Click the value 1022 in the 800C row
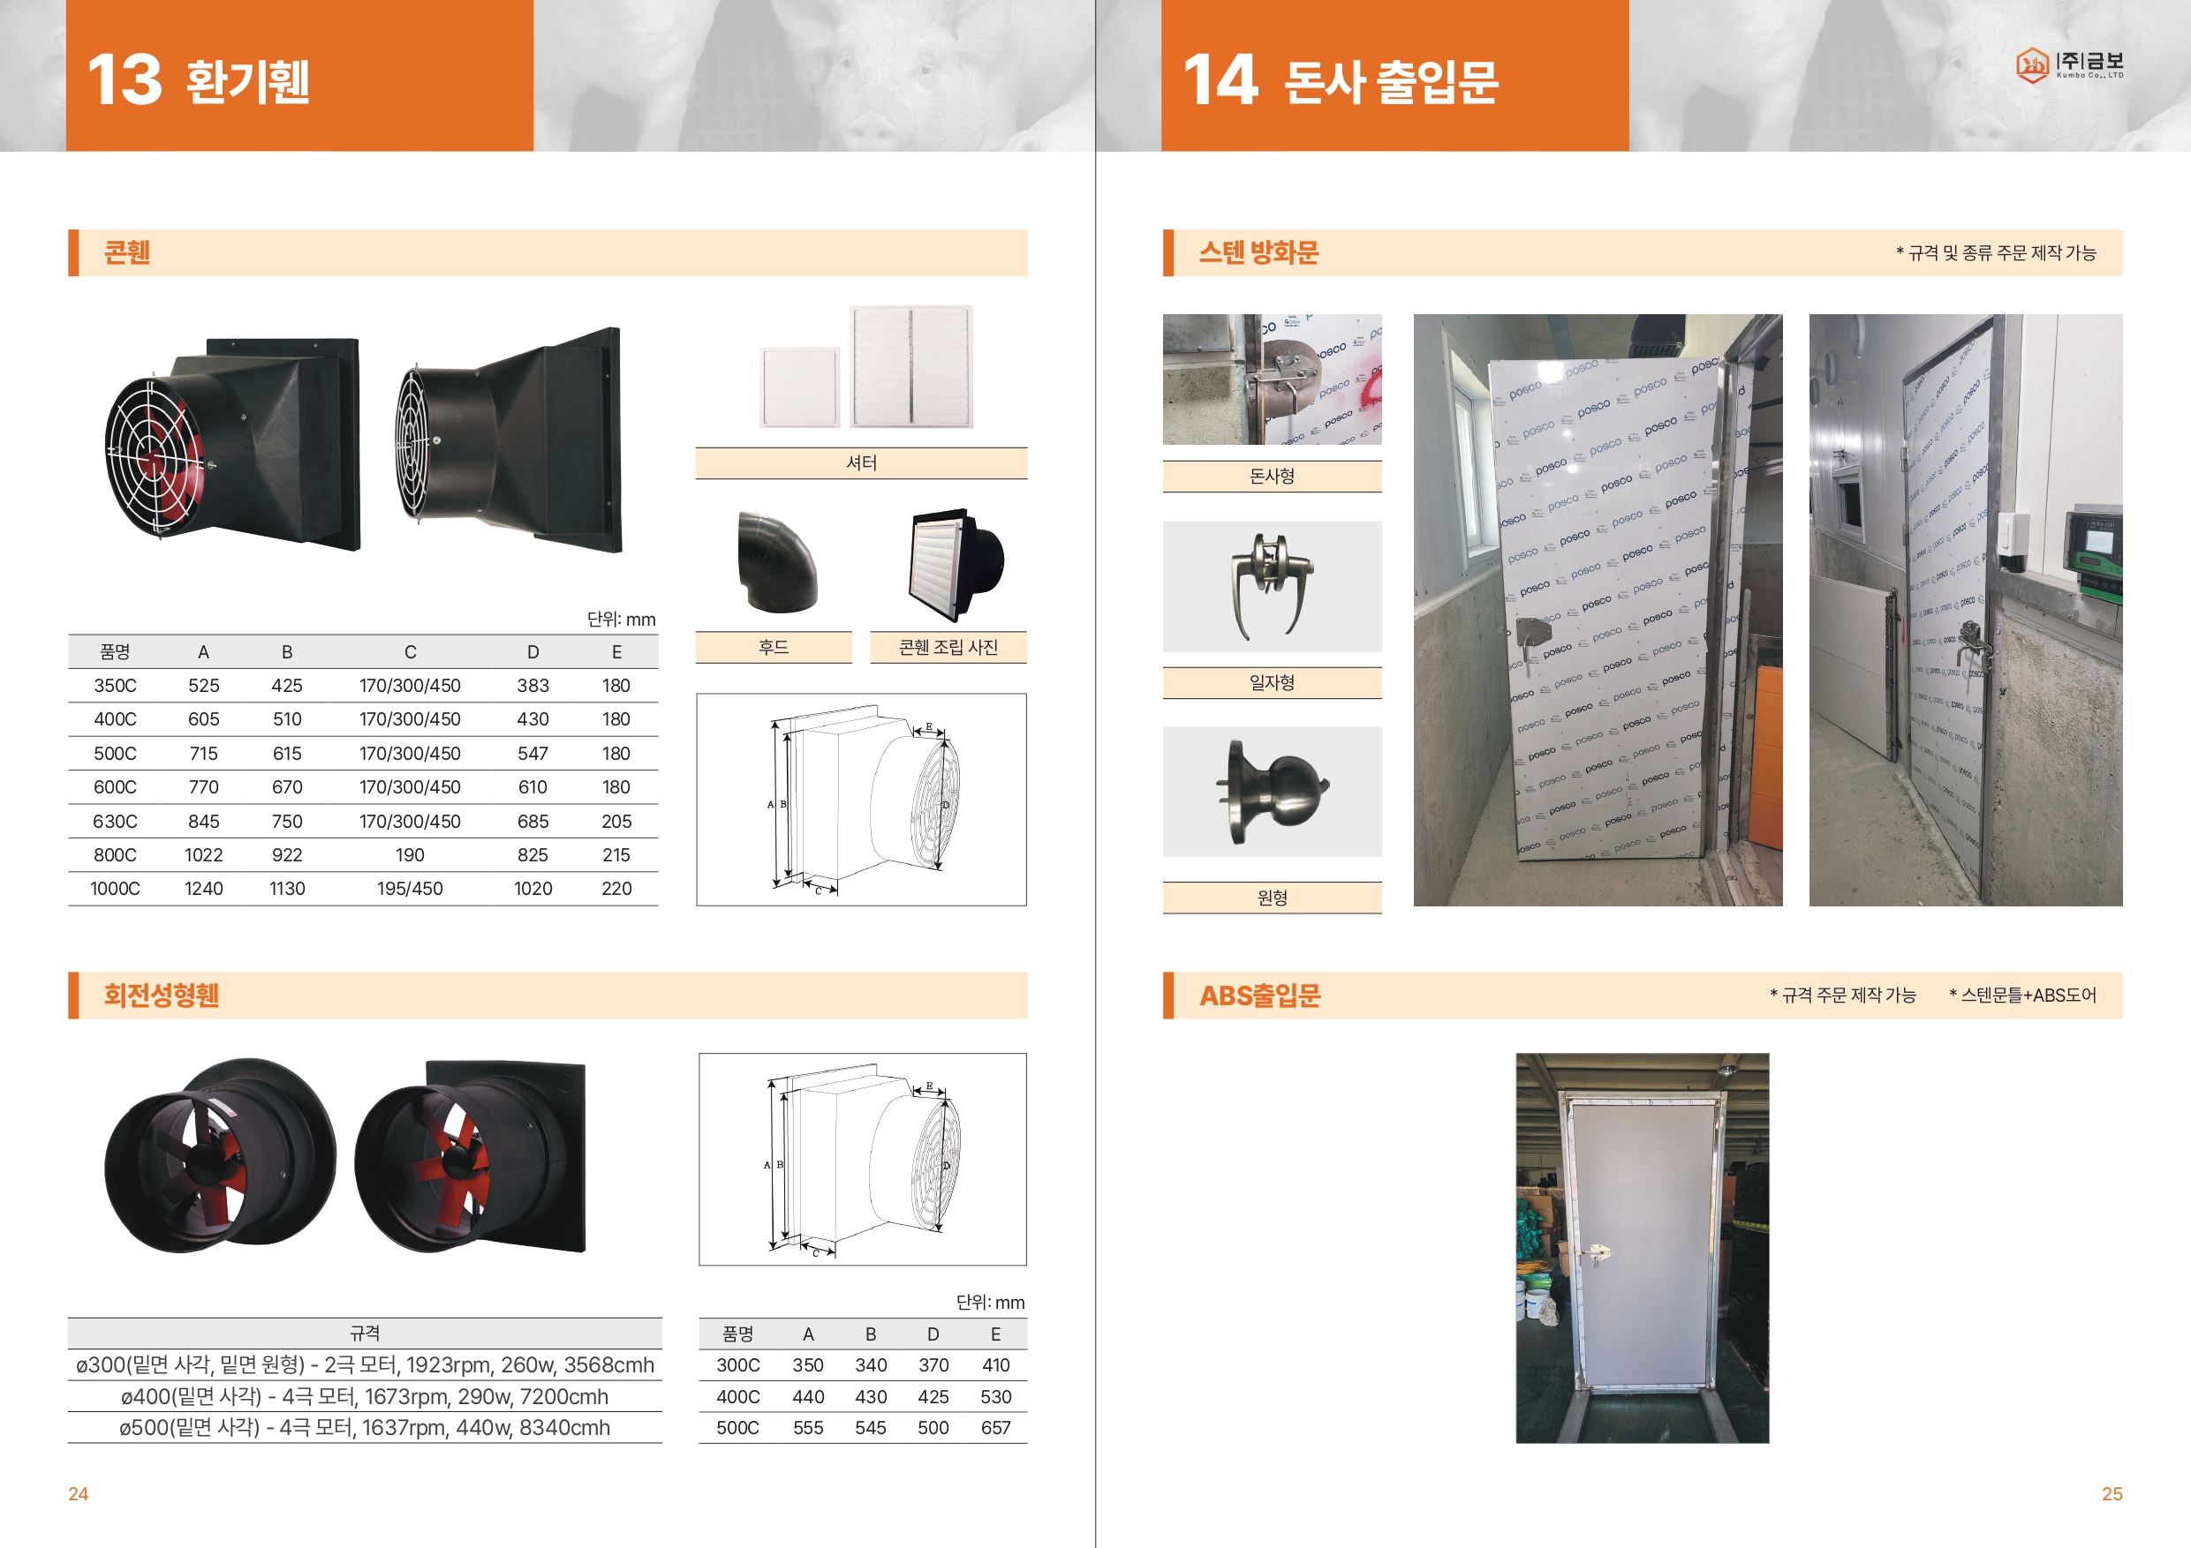(x=203, y=854)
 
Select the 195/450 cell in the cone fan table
(x=410, y=889)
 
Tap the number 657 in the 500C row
(x=995, y=1428)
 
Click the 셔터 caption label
(x=861, y=462)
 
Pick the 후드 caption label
(x=773, y=648)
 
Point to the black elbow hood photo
(x=777, y=560)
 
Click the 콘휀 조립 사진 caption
(x=948, y=648)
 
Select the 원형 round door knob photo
(x=1271, y=792)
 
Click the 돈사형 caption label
(x=1271, y=476)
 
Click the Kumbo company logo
(x=2069, y=64)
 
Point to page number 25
(x=2112, y=1493)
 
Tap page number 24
(x=79, y=1493)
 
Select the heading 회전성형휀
(x=162, y=995)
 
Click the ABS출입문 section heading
(x=1259, y=995)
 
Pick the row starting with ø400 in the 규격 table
(x=365, y=1396)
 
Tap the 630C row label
(x=115, y=821)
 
